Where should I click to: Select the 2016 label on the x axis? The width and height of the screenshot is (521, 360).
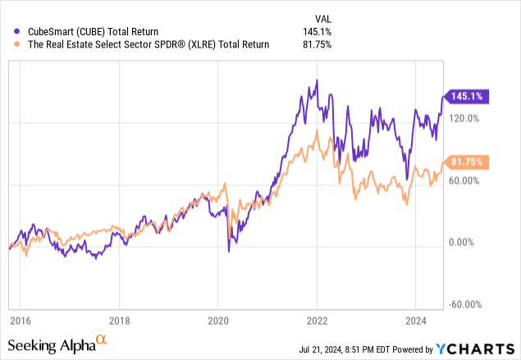[x=21, y=321]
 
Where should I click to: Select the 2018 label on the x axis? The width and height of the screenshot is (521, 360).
[x=120, y=321]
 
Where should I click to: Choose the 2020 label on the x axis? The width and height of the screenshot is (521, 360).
[x=218, y=321]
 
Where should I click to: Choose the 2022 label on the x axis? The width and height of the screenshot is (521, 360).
[x=317, y=321]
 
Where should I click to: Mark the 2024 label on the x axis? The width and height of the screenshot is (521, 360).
[x=415, y=321]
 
